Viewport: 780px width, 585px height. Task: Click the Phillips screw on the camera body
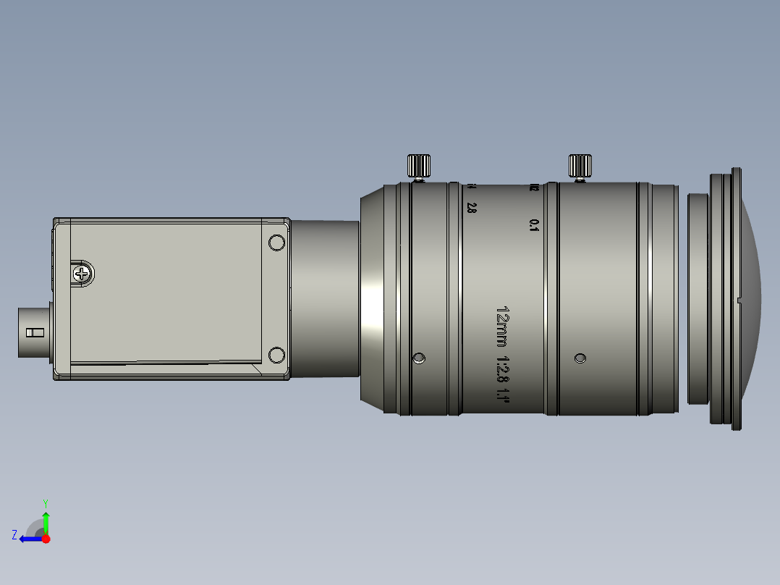pyautogui.click(x=83, y=274)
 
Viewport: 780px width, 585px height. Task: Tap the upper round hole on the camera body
pyautogui.click(x=276, y=243)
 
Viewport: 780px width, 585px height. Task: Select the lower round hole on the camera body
pyautogui.click(x=276, y=355)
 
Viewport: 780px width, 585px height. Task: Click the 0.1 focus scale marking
pyautogui.click(x=535, y=225)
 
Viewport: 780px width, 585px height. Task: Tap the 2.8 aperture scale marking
pyautogui.click(x=472, y=208)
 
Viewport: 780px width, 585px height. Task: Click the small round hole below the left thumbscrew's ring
pyautogui.click(x=419, y=358)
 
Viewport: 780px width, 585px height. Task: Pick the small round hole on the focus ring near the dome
pyautogui.click(x=580, y=358)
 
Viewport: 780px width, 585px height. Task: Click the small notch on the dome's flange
pyautogui.click(x=738, y=299)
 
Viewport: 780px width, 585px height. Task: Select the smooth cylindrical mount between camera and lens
pyautogui.click(x=325, y=299)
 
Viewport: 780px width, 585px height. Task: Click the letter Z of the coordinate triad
pyautogui.click(x=14, y=534)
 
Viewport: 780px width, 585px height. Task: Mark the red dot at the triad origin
pyautogui.click(x=46, y=539)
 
